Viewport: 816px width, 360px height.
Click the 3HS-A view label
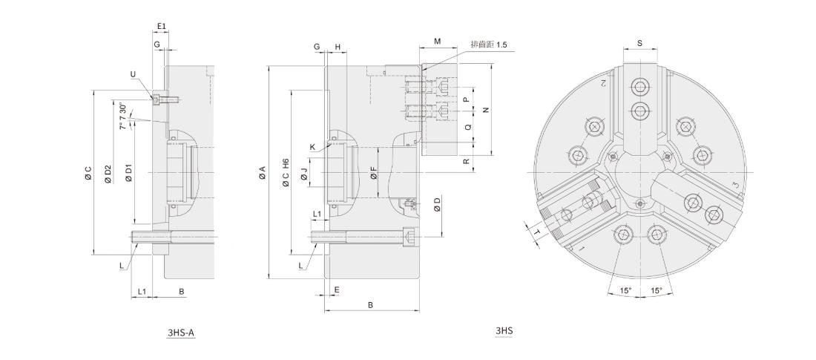[x=181, y=332]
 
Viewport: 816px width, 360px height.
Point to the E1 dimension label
[x=161, y=26]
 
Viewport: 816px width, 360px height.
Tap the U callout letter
[x=133, y=74]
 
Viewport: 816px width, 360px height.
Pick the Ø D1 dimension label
[x=129, y=173]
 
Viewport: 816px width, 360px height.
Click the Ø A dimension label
[x=263, y=172]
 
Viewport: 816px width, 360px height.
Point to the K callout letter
[x=312, y=148]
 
